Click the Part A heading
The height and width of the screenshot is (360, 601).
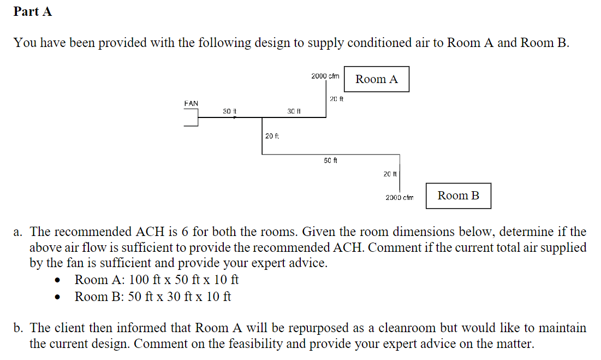(33, 12)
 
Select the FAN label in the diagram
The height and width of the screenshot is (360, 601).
(191, 103)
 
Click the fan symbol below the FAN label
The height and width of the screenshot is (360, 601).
(192, 117)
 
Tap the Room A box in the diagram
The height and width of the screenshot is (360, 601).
(377, 79)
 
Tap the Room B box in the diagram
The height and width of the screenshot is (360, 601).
(458, 196)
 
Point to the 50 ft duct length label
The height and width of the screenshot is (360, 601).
(331, 161)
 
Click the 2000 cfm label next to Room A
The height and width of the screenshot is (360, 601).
(325, 76)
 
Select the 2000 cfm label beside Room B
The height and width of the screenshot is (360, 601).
(400, 197)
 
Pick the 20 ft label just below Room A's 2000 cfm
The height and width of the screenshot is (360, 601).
(337, 99)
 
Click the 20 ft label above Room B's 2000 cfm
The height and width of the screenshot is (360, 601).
(390, 174)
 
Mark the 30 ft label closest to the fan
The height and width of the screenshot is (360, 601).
(229, 111)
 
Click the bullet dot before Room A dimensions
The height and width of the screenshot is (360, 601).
(57, 281)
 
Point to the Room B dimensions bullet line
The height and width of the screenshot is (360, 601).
(153, 297)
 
